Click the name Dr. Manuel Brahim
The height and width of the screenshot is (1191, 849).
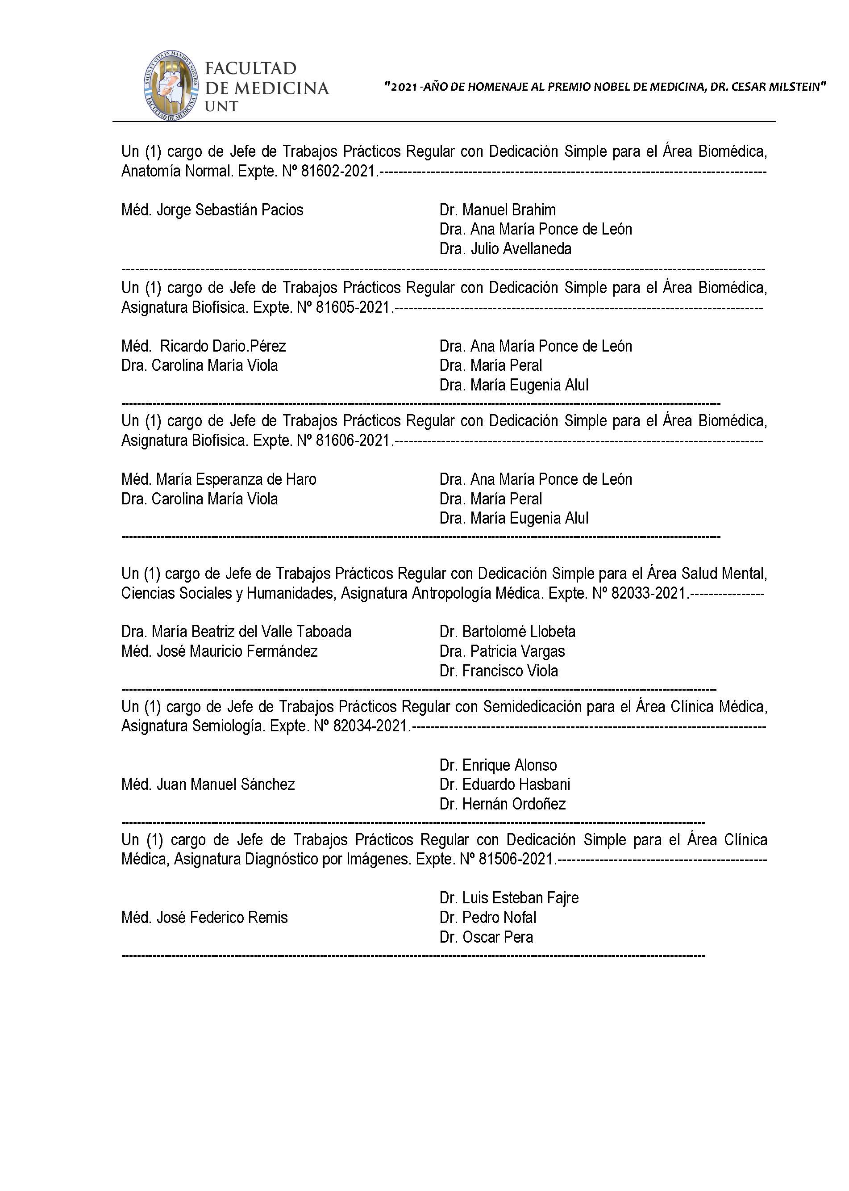coord(497,210)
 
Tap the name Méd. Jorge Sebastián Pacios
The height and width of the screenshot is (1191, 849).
coord(212,210)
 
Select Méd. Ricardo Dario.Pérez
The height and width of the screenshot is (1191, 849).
coord(204,346)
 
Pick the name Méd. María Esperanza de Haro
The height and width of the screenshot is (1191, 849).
coord(219,479)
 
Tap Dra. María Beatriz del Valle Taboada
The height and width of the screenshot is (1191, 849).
coord(236,631)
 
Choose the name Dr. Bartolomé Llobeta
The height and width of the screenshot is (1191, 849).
coord(507,631)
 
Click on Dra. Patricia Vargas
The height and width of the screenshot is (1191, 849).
coord(502,651)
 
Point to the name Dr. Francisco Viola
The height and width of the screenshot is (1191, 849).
coord(498,671)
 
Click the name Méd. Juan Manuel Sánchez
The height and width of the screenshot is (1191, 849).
coord(208,784)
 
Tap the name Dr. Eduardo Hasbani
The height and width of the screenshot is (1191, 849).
coord(504,784)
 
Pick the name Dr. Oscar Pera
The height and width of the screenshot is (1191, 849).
coord(486,937)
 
